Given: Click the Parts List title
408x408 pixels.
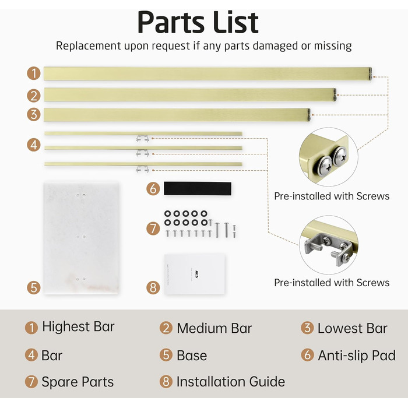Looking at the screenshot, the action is coord(198,22).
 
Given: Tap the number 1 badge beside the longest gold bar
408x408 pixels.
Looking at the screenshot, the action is coord(34,73).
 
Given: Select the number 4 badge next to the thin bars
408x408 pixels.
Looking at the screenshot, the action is coord(34,145).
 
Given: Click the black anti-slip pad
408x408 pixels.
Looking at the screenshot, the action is coord(198,188).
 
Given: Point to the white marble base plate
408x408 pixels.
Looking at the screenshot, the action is coord(82,238).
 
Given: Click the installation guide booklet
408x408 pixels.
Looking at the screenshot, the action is coord(195,275).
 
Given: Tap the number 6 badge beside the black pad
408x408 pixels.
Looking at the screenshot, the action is coord(153,189).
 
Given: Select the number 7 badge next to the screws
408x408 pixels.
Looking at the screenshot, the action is coord(153,228).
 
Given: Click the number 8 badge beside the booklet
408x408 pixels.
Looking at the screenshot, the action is coord(153,288).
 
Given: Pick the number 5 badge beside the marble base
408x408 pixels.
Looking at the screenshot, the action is coord(34,288).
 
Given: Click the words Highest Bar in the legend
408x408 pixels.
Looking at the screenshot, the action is coord(78,326).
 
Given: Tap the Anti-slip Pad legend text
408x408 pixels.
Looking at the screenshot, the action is coord(357,356).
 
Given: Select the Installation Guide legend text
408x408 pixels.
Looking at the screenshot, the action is coord(231,382).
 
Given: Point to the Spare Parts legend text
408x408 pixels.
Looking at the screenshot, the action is coord(78,382).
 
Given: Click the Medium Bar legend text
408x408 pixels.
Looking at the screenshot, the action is coord(214,328).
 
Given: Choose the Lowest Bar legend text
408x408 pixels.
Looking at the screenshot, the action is coord(353,328).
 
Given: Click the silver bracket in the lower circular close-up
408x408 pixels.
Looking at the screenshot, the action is coord(328,248).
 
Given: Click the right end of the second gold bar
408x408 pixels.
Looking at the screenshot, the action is coord(335,94).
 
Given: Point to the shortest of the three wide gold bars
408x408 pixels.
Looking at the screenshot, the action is coord(177,115).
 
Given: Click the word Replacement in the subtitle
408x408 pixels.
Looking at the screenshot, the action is coord(89,46).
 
